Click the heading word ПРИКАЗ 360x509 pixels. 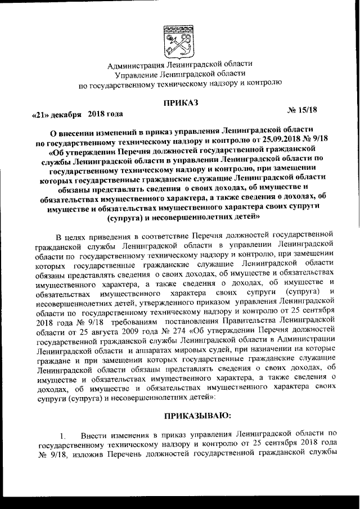pos(179,102)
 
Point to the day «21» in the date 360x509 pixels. pos(39,116)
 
